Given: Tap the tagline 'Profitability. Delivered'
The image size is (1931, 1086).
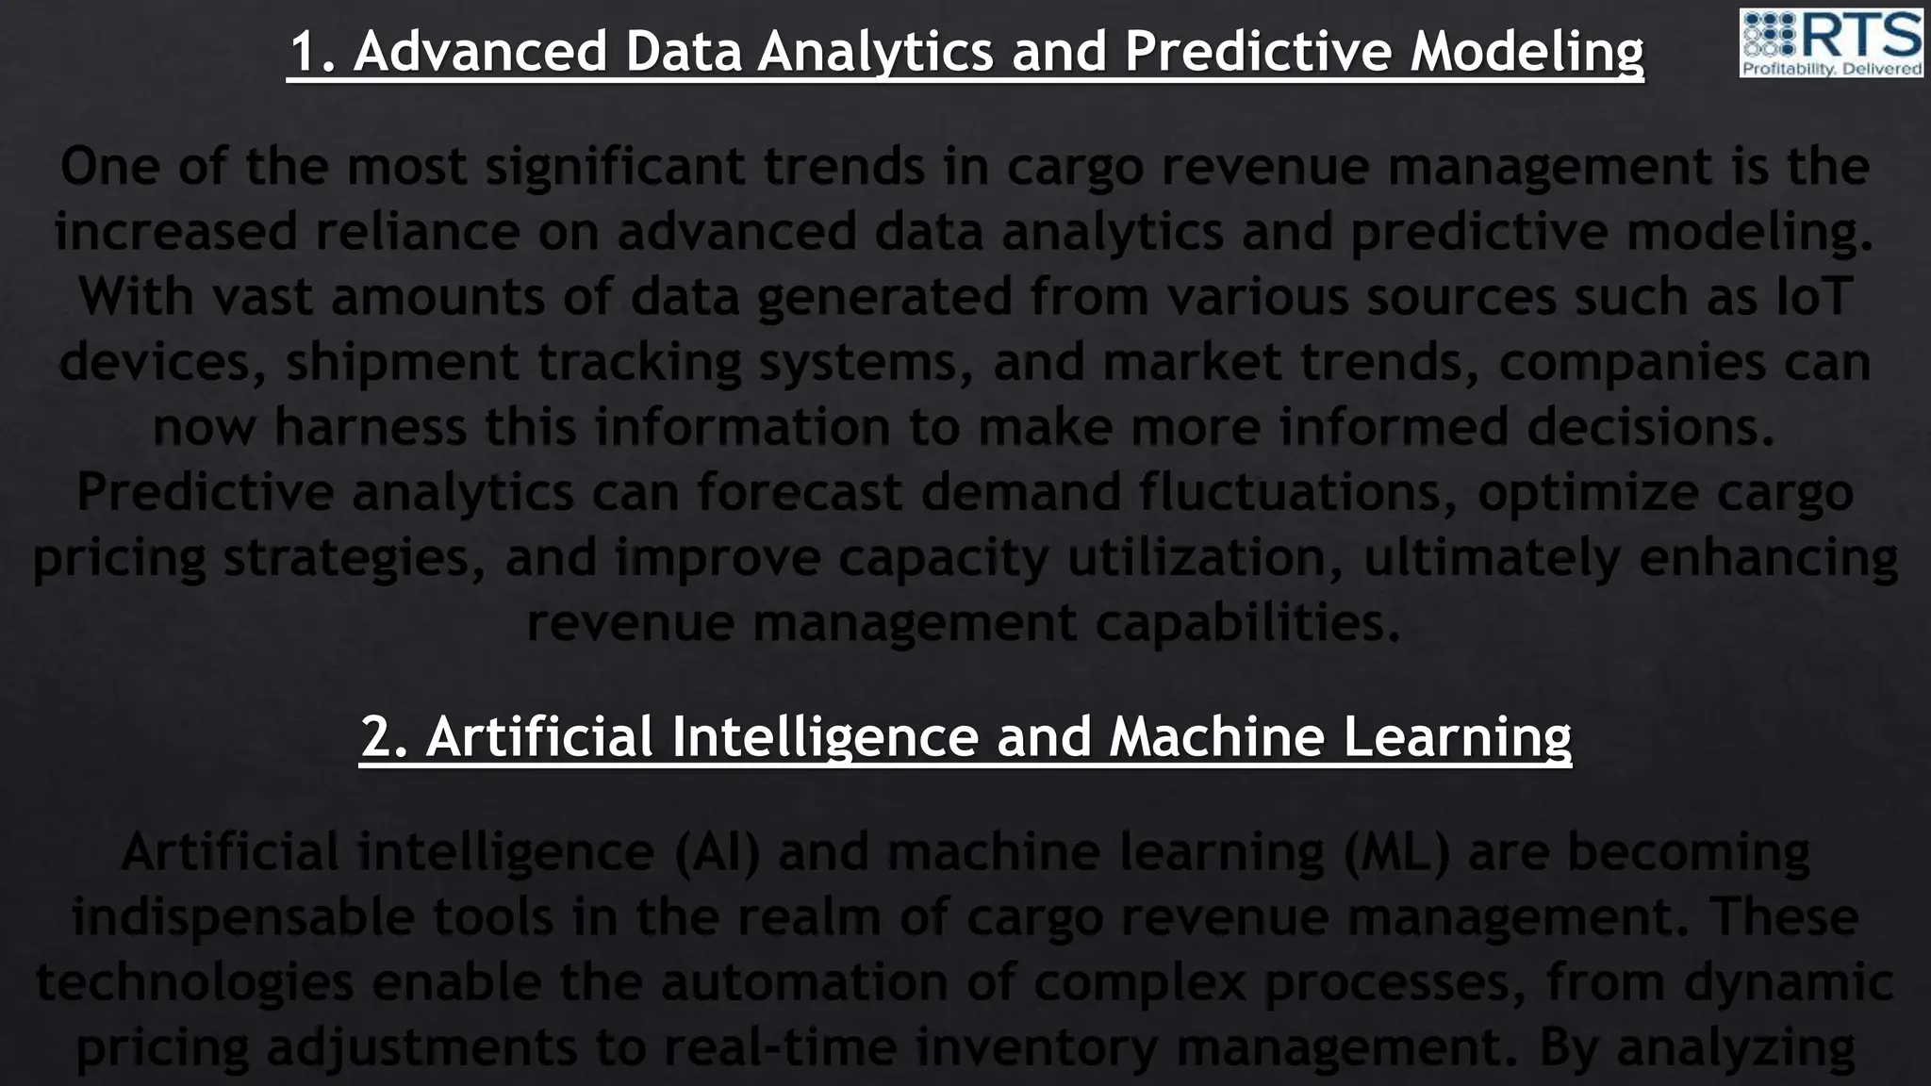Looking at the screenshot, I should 1831,69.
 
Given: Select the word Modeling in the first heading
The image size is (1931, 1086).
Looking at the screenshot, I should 1527,53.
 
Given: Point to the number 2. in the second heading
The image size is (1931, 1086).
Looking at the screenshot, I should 385,736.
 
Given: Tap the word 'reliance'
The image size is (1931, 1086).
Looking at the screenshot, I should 417,232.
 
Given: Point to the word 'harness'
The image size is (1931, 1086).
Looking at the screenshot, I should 370,427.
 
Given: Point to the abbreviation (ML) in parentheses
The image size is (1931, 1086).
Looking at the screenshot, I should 1397,852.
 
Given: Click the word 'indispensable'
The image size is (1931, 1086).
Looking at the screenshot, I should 243,917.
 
